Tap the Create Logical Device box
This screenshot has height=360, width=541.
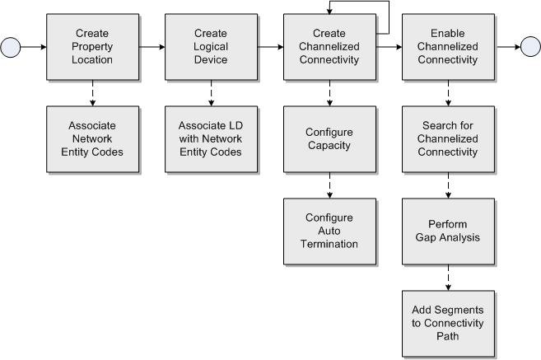coord(212,46)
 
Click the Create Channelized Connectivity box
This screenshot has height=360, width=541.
coord(330,46)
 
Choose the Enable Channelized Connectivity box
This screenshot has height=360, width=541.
coord(448,46)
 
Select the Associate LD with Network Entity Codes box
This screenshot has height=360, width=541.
coord(212,139)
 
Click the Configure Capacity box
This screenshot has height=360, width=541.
coord(330,139)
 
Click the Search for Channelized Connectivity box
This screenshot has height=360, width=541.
coord(448,139)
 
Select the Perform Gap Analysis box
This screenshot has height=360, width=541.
coord(448,231)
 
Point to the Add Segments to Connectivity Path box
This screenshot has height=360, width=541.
coord(448,324)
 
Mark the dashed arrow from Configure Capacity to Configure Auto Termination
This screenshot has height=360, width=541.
coord(330,185)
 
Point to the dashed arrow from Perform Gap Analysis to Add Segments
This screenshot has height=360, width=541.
coord(448,278)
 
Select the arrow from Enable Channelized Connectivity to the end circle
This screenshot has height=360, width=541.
coord(507,48)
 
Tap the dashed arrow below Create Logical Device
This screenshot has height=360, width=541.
coord(212,93)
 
